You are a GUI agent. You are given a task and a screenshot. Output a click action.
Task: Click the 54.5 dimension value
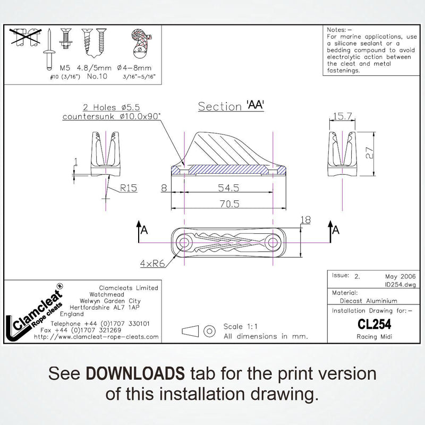pyautogui.click(x=228, y=188)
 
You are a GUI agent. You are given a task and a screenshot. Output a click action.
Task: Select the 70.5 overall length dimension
pyautogui.click(x=229, y=204)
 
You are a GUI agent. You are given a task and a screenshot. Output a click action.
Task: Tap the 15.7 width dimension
pyautogui.click(x=342, y=116)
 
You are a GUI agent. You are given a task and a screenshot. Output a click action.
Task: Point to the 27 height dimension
pyautogui.click(x=369, y=153)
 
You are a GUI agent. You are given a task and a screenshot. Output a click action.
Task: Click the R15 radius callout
pyautogui.click(x=129, y=188)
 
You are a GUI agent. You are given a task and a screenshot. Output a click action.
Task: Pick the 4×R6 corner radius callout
pyautogui.click(x=152, y=263)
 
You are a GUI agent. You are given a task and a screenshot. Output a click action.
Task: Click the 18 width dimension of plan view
pyautogui.click(x=305, y=220)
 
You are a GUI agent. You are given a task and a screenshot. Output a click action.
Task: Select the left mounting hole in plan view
pyautogui.click(x=184, y=242)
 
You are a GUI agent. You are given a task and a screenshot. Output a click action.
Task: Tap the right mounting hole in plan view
pyautogui.click(x=273, y=242)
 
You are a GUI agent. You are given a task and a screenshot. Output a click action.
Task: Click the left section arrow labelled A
pyautogui.click(x=142, y=231)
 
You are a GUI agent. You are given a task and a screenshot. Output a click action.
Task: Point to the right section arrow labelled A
pyautogui.click(x=333, y=231)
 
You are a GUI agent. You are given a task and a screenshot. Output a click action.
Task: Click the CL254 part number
pyautogui.click(x=375, y=324)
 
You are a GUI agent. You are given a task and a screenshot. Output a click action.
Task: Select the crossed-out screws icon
pyautogui.click(x=25, y=37)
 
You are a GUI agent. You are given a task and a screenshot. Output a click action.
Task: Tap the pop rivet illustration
pyautogui.click(x=49, y=49)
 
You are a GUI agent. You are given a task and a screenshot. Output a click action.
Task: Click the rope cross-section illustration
pyautogui.click(x=141, y=43)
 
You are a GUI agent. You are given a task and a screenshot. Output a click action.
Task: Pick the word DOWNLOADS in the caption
pyautogui.click(x=135, y=373)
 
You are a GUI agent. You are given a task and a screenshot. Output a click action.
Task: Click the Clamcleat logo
pyautogui.click(x=35, y=312)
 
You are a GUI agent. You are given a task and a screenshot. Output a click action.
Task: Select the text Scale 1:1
pyautogui.click(x=241, y=326)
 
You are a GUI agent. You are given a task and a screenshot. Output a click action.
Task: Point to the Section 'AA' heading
pyautogui.click(x=231, y=106)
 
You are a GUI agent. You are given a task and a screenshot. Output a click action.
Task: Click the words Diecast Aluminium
pyautogui.click(x=368, y=301)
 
